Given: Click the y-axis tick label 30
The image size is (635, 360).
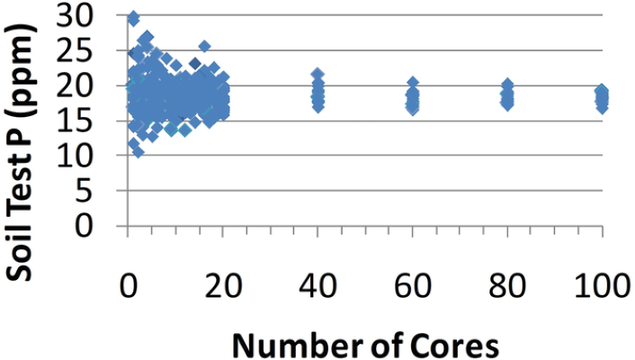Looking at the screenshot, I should pyautogui.click(x=96, y=15).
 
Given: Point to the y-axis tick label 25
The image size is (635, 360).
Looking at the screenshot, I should pyautogui.click(x=96, y=50).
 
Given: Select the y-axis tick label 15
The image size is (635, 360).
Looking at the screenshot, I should pyautogui.click(x=96, y=121).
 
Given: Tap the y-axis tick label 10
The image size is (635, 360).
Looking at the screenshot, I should pyautogui.click(x=96, y=156).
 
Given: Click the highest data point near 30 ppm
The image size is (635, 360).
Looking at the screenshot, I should pyautogui.click(x=133, y=18).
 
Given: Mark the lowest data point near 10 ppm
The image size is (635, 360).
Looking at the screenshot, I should pyautogui.click(x=138, y=151).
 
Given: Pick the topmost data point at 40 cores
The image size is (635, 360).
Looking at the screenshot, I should pyautogui.click(x=317, y=75).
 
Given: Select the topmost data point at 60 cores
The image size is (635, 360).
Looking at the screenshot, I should pyautogui.click(x=413, y=84).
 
